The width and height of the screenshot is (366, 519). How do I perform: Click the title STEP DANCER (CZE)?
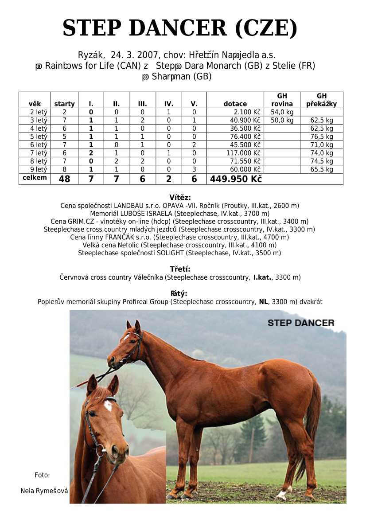[x=179, y=28]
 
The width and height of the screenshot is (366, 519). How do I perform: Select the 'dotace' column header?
[x=235, y=104]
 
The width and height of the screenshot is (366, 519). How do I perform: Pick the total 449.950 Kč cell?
[x=235, y=179]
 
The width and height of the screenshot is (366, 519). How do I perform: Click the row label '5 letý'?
[x=39, y=137]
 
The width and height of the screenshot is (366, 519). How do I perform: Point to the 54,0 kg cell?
[x=282, y=112]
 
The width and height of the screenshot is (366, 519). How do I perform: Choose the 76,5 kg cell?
[x=322, y=137]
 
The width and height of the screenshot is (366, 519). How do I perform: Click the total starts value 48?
[x=64, y=179]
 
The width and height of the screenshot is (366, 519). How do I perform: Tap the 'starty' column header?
[x=64, y=104]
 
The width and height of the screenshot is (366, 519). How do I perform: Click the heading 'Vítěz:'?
[x=180, y=198]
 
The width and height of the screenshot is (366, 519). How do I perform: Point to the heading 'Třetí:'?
[x=180, y=269]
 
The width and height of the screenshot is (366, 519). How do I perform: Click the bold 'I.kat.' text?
[x=262, y=277]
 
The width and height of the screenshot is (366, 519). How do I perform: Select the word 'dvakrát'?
[x=311, y=302]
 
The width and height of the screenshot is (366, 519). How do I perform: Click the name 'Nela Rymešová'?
[x=44, y=491]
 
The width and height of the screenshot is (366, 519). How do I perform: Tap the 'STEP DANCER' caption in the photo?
[x=301, y=323]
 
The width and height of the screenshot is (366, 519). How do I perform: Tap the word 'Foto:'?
[x=42, y=475]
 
